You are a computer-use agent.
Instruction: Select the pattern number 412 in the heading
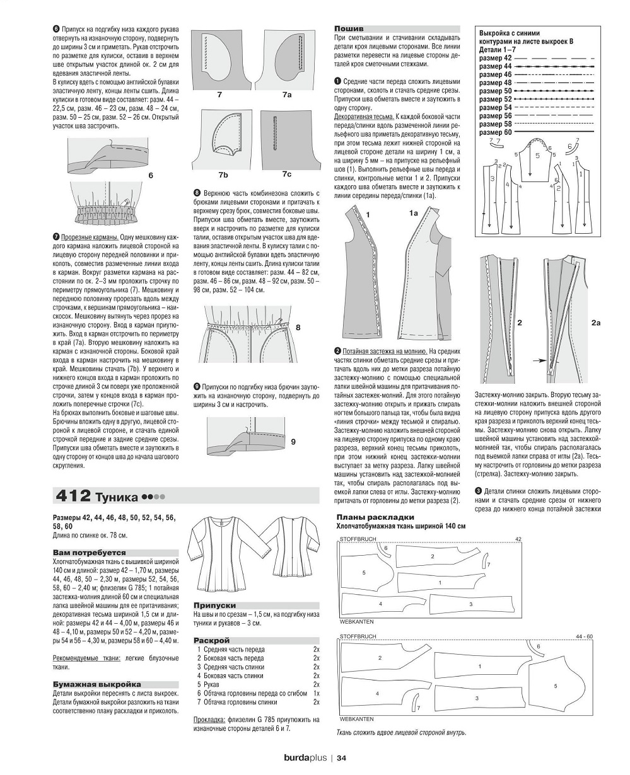pyautogui.click(x=73, y=497)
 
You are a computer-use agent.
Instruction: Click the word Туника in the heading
pyautogui.click(x=117, y=497)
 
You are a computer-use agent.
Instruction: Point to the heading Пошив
pyautogui.click(x=348, y=28)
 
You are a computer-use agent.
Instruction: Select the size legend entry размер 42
pyautogui.click(x=495, y=57)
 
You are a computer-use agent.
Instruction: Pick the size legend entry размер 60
pyautogui.click(x=495, y=132)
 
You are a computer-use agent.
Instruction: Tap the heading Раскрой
pyautogui.click(x=207, y=640)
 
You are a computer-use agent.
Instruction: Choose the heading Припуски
pyautogui.click(x=211, y=604)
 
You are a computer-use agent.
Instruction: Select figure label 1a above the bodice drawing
pyautogui.click(x=414, y=214)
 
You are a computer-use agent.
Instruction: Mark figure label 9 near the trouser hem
pyautogui.click(x=293, y=442)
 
